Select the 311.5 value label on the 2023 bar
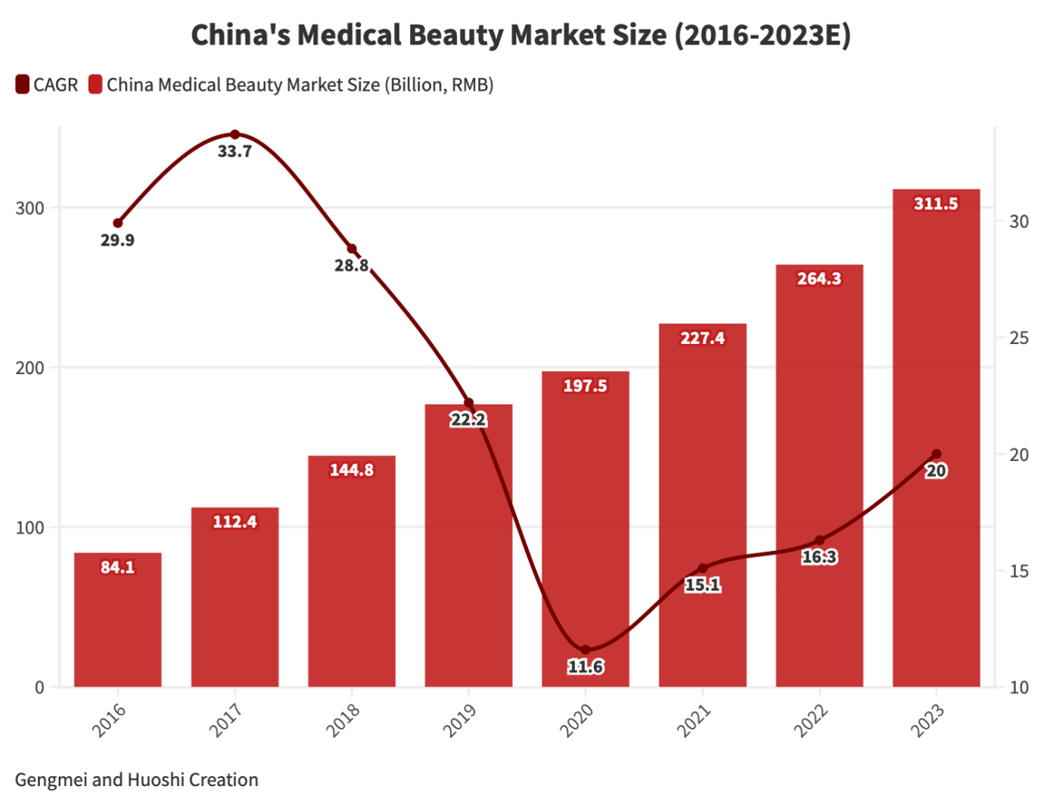pyautogui.click(x=936, y=203)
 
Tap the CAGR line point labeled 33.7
pyautogui.click(x=235, y=135)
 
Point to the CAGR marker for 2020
pyautogui.click(x=586, y=650)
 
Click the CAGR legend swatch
pyautogui.click(x=22, y=85)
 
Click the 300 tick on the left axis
pyautogui.click(x=30, y=208)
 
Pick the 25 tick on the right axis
pyautogui.click(x=1018, y=338)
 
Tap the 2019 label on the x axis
pyautogui.click(x=459, y=720)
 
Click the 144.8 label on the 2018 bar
pyautogui.click(x=352, y=470)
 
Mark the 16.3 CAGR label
pyautogui.click(x=819, y=557)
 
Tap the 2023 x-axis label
pyautogui.click(x=927, y=720)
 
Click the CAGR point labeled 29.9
pyautogui.click(x=118, y=223)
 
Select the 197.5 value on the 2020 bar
pyautogui.click(x=585, y=385)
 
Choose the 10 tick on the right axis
pyautogui.click(x=1018, y=687)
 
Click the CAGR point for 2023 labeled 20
pyautogui.click(x=936, y=454)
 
